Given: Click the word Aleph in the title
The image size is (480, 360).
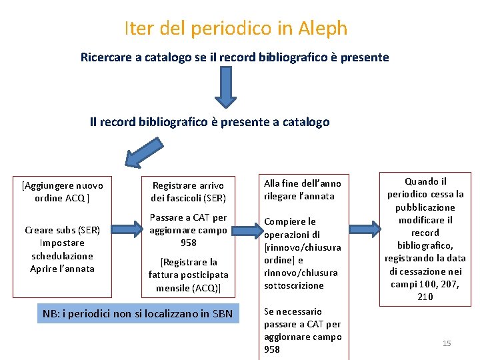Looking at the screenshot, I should (x=323, y=28).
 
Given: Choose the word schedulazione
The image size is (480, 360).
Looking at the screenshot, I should (x=62, y=256).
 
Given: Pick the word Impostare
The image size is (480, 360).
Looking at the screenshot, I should (x=62, y=243).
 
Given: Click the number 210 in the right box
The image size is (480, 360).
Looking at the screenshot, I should (x=425, y=297).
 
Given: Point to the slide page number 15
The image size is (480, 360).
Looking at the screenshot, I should (x=447, y=343).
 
